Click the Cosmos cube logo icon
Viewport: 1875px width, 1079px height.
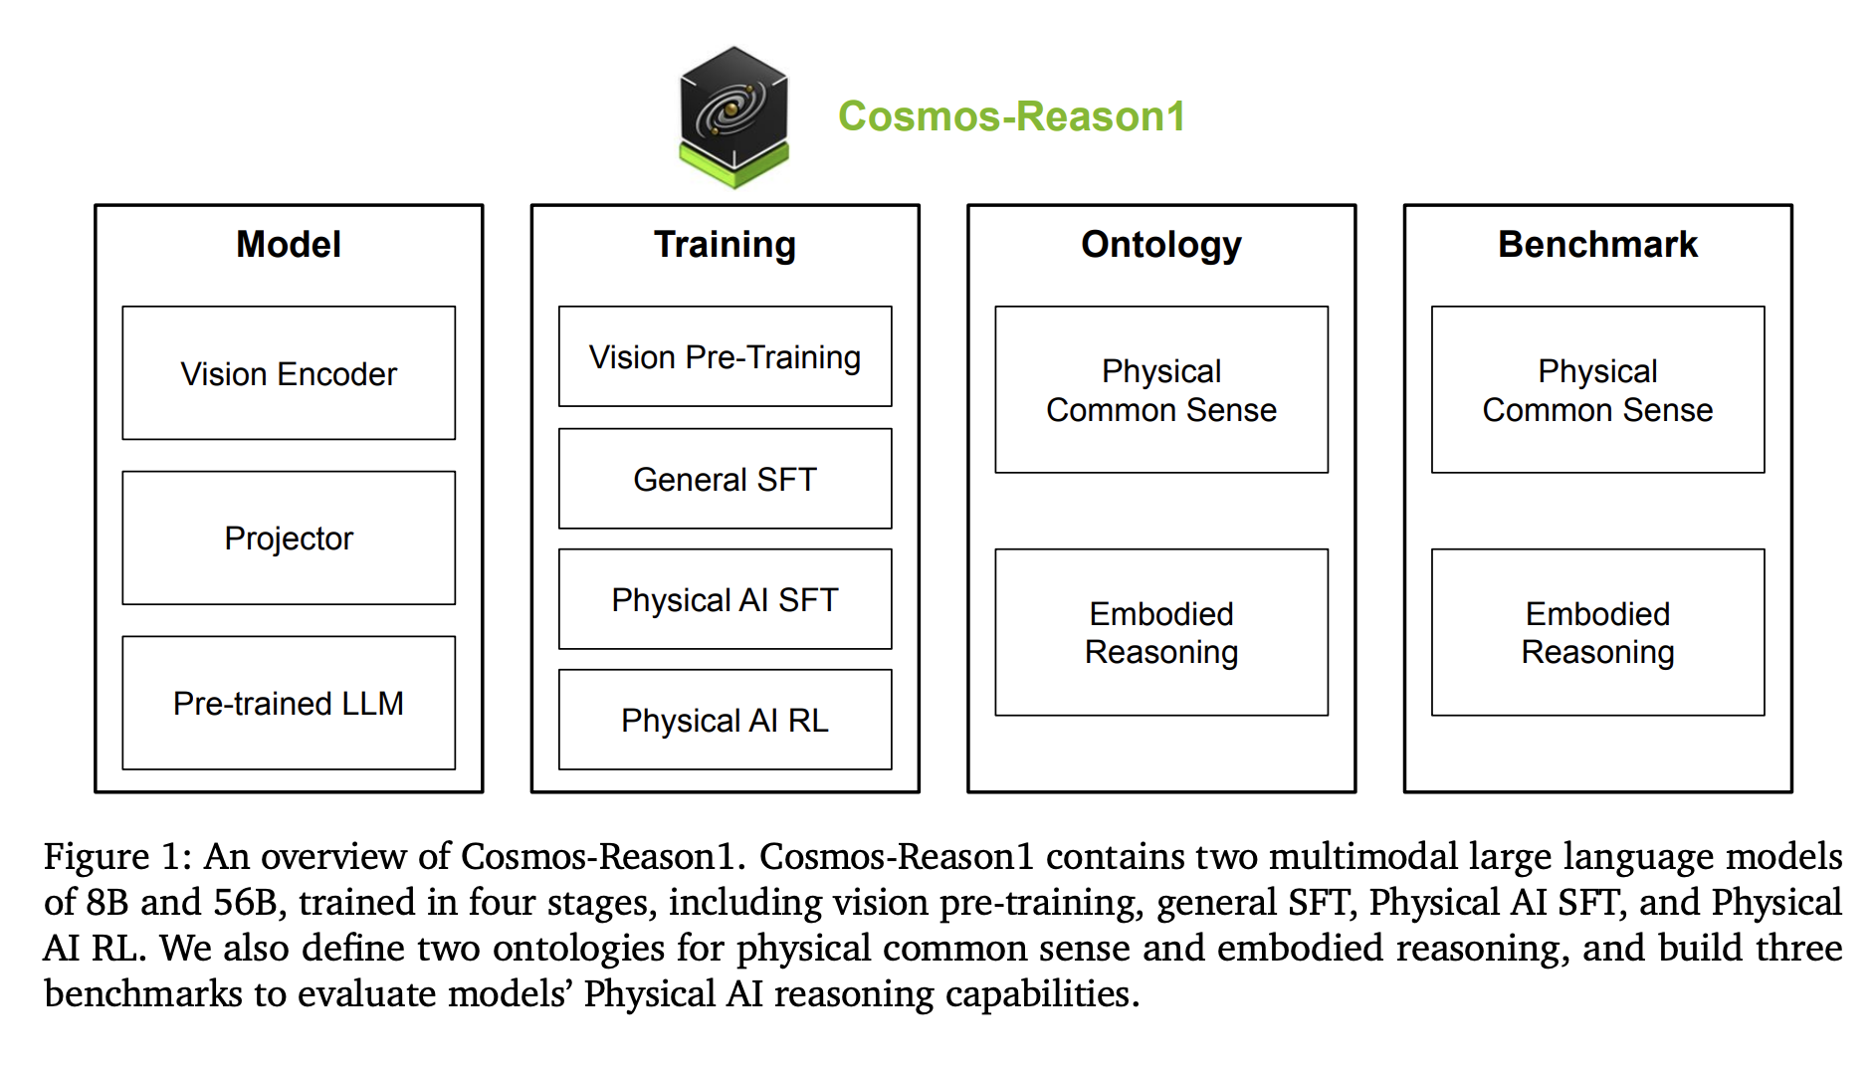pyautogui.click(x=733, y=117)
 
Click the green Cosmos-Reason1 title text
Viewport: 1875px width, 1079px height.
pyautogui.click(x=1011, y=116)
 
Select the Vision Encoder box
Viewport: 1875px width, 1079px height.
pyautogui.click(x=289, y=373)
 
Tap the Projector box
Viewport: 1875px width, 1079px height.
pyautogui.click(x=289, y=538)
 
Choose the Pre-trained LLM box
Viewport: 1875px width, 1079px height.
pyautogui.click(x=289, y=703)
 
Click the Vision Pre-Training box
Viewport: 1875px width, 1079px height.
pyautogui.click(x=726, y=356)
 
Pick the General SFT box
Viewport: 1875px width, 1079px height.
pyautogui.click(x=726, y=479)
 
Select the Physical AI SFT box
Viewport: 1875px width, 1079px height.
pyautogui.click(x=726, y=599)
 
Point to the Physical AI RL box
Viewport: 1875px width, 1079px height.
pyautogui.click(x=726, y=720)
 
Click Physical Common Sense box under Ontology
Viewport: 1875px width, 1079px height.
pyautogui.click(x=1161, y=389)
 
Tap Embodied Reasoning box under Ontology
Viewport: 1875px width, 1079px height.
pyautogui.click(x=1161, y=632)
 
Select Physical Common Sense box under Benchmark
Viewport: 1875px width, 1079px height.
pyautogui.click(x=1598, y=389)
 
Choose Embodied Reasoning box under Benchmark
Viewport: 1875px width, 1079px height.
pyautogui.click(x=1598, y=632)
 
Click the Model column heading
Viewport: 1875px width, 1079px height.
pyautogui.click(x=289, y=244)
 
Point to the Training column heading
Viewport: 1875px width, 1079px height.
pyautogui.click(x=725, y=245)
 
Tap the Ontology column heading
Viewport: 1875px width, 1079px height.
pyautogui.click(x=1161, y=245)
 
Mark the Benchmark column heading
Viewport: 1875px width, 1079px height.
pyautogui.click(x=1598, y=244)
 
